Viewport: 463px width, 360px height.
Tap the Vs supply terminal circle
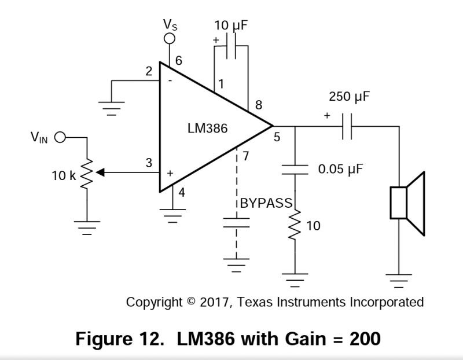170,39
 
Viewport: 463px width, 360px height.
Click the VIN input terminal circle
60,138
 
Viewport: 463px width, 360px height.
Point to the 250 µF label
348,96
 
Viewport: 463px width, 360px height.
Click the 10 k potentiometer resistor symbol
87,172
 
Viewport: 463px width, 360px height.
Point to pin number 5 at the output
276,138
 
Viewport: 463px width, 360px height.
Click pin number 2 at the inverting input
149,72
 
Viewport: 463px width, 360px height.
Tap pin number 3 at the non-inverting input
149,163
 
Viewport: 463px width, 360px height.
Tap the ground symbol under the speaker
398,281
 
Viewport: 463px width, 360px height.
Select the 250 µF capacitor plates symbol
347,126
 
